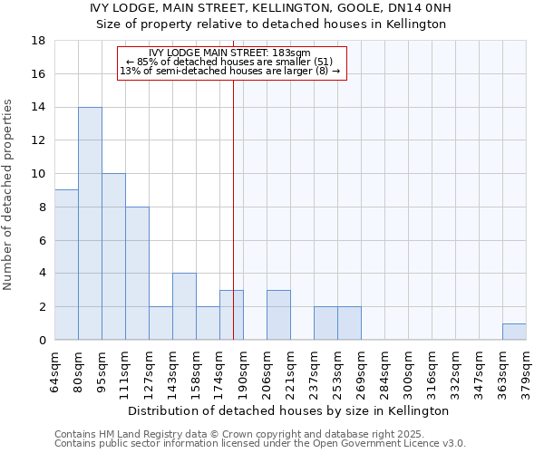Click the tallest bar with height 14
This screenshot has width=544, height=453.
[90, 224]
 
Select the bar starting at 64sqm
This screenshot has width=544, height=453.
[66, 265]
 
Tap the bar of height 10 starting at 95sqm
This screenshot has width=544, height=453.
[113, 256]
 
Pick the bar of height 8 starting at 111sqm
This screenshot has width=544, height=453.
[137, 274]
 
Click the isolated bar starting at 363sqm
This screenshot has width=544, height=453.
[514, 332]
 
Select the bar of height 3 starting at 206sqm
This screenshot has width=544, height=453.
[278, 315]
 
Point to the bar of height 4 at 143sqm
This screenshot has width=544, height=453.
[184, 306]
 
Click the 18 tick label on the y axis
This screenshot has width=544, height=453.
[39, 41]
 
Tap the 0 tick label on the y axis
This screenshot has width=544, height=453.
[43, 341]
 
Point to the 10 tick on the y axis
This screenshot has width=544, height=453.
[39, 174]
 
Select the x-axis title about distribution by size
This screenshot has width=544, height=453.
[289, 410]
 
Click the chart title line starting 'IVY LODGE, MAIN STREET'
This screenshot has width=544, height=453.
[271, 9]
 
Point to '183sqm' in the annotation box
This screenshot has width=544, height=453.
[296, 53]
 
